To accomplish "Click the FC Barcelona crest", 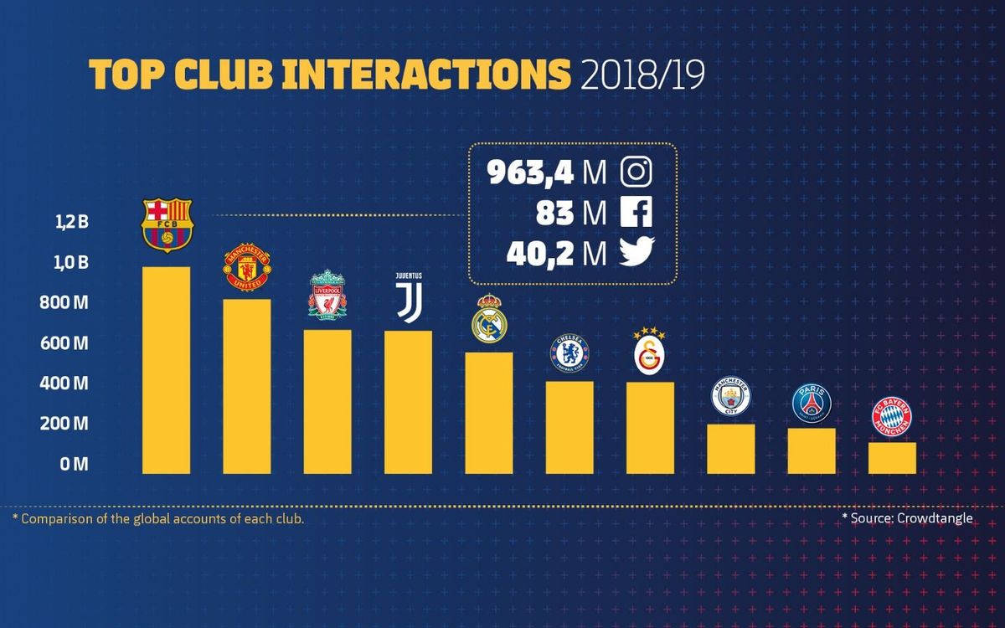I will click(x=167, y=225).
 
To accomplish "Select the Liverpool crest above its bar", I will click(x=327, y=294).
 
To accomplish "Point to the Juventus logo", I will click(x=409, y=296).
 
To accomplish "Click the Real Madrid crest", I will click(x=489, y=319).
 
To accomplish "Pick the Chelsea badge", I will click(x=569, y=353).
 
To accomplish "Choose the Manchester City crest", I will click(x=730, y=397).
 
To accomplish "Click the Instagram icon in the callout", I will click(x=636, y=172).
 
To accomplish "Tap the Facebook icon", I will click(x=636, y=213).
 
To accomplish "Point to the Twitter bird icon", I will click(x=636, y=253).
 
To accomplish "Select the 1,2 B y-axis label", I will click(x=72, y=223).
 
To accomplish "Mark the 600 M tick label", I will click(x=64, y=343).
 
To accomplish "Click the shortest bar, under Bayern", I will click(x=892, y=457).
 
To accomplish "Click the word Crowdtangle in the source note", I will click(x=935, y=518).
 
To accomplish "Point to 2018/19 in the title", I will click(x=642, y=75).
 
